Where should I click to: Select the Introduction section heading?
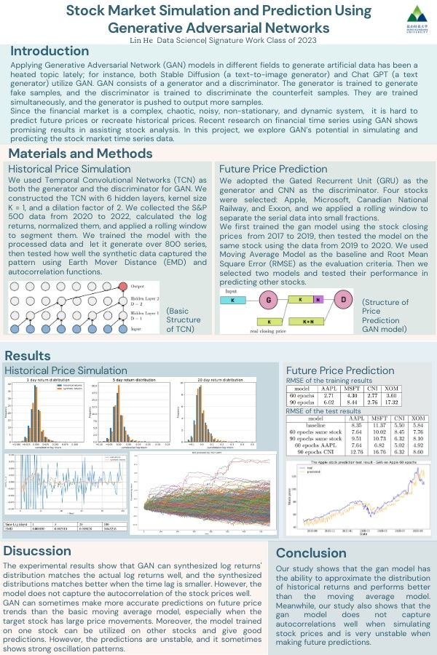pyautogui.click(x=50, y=52)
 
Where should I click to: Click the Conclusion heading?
pyautogui.click(x=312, y=553)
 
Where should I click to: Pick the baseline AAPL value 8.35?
pyautogui.click(x=357, y=426)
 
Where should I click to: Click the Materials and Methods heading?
pyautogui.click(x=81, y=154)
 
